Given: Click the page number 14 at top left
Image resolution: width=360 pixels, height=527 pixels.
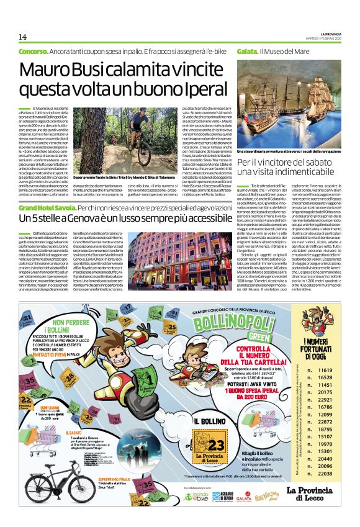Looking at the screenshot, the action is (x=22, y=37).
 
